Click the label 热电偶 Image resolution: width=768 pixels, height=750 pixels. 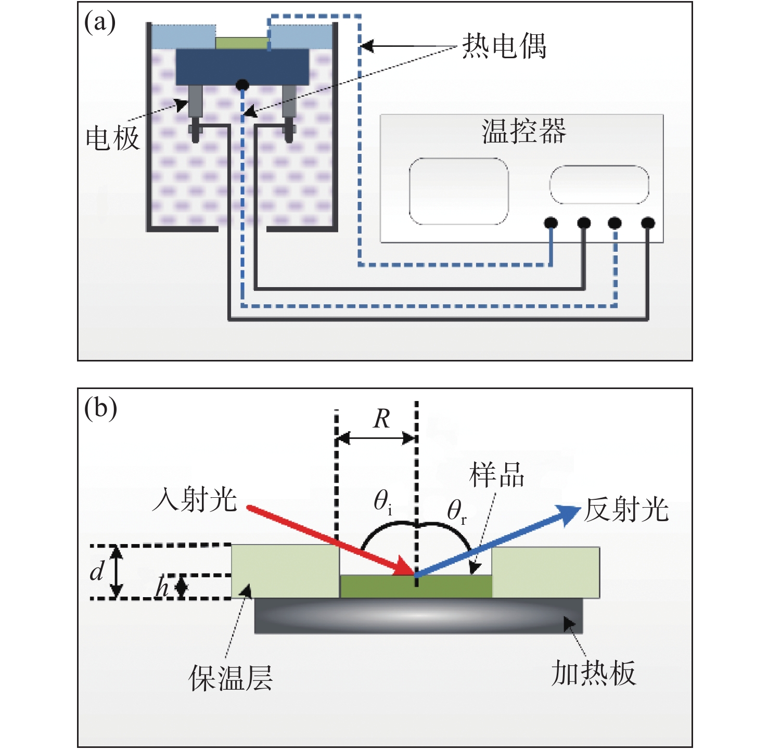point(504,46)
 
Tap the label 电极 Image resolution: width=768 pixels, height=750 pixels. point(112,139)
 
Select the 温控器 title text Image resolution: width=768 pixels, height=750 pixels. point(523,131)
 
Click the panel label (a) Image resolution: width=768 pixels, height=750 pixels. point(99,23)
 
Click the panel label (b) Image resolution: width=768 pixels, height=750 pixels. point(100,408)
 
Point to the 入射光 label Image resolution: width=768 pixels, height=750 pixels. point(195,500)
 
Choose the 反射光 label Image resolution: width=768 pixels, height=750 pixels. point(626,509)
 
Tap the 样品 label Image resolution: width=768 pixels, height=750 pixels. point(496,475)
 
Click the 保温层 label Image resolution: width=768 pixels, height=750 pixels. point(231,678)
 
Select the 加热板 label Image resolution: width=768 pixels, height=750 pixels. point(593,674)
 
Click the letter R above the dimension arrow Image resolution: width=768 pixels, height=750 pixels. point(381,419)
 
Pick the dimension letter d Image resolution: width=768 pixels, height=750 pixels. point(97,571)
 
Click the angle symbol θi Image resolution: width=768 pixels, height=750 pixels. point(382,502)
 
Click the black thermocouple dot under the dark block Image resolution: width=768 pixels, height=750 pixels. point(242,84)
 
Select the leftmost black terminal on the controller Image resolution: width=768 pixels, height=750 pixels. point(551,223)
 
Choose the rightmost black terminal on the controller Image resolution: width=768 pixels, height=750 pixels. point(648,223)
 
